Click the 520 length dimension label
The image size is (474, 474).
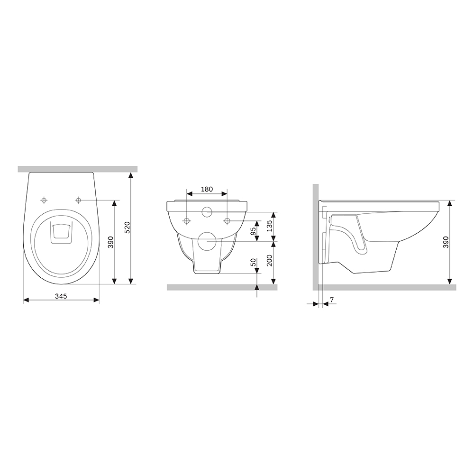pyautogui.click(x=127, y=228)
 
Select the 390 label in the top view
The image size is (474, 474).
pyautogui.click(x=110, y=242)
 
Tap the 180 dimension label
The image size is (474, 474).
pyautogui.click(x=207, y=189)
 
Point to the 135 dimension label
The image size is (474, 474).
pyautogui.click(x=269, y=226)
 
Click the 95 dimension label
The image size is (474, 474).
pyautogui.click(x=253, y=231)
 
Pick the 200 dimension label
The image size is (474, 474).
pyautogui.click(x=269, y=260)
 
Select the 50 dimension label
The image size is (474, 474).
pyautogui.click(x=253, y=262)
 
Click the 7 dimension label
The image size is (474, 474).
pyautogui.click(x=332, y=300)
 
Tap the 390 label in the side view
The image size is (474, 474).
pyautogui.click(x=446, y=242)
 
